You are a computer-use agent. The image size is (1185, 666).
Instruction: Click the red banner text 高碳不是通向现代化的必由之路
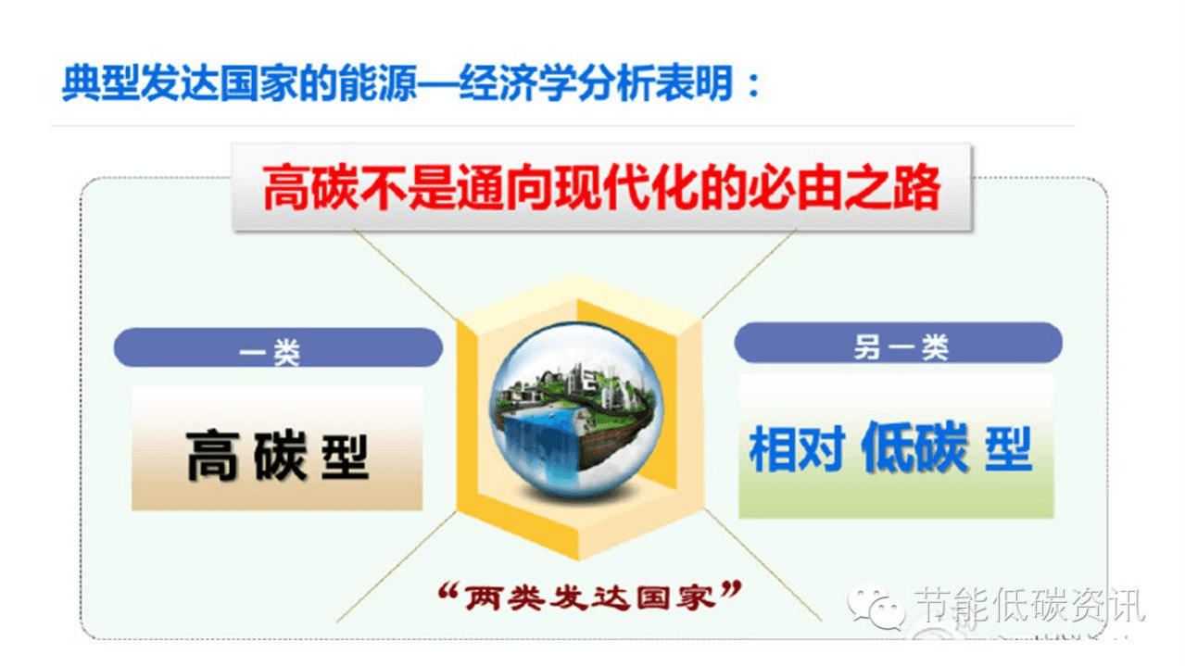tap(601, 188)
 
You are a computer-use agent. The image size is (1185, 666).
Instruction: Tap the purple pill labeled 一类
tap(278, 349)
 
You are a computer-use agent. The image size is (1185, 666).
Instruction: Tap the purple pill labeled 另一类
tap(898, 345)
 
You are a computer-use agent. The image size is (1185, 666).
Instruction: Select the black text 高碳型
tap(278, 454)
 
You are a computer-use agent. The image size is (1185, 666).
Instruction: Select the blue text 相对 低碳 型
tap(889, 449)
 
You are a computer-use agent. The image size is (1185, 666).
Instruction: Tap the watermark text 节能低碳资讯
tap(1029, 607)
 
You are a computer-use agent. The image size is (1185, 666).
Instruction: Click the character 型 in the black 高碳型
tap(345, 455)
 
